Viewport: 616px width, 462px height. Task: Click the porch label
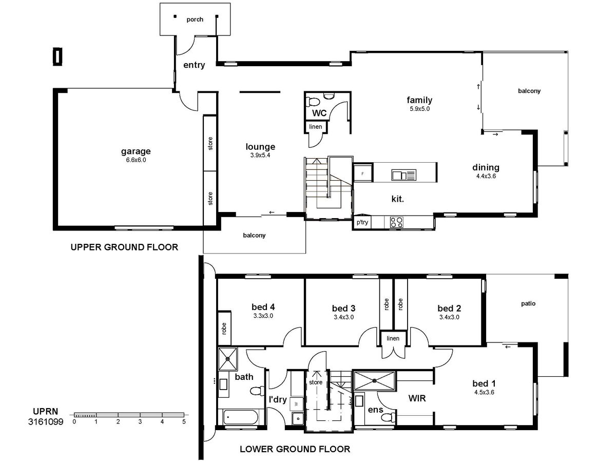[x=195, y=20]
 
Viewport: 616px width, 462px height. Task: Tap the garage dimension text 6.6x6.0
[x=136, y=160]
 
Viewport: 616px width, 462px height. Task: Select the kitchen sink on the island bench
[x=404, y=175]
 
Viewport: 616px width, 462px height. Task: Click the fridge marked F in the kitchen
[x=362, y=174]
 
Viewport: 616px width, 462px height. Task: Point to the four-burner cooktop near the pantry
[x=397, y=222]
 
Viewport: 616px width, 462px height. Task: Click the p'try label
[x=362, y=222]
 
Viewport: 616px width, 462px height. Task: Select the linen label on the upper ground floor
[x=315, y=127]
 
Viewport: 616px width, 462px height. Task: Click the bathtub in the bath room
[x=241, y=418]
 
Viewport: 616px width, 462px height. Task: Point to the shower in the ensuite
[x=374, y=381]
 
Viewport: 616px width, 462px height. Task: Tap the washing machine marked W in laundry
[x=297, y=403]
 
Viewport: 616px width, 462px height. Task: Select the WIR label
[x=417, y=398]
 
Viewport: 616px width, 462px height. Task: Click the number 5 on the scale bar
[x=184, y=421]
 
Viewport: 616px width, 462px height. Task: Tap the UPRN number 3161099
[x=46, y=421]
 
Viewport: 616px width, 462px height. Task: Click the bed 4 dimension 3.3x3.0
[x=263, y=316]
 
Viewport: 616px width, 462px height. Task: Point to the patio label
[x=528, y=303]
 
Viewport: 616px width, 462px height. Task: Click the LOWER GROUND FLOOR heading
[x=295, y=449]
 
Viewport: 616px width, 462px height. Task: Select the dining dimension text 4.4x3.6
[x=486, y=176]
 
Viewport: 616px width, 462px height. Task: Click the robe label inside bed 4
[x=224, y=329]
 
